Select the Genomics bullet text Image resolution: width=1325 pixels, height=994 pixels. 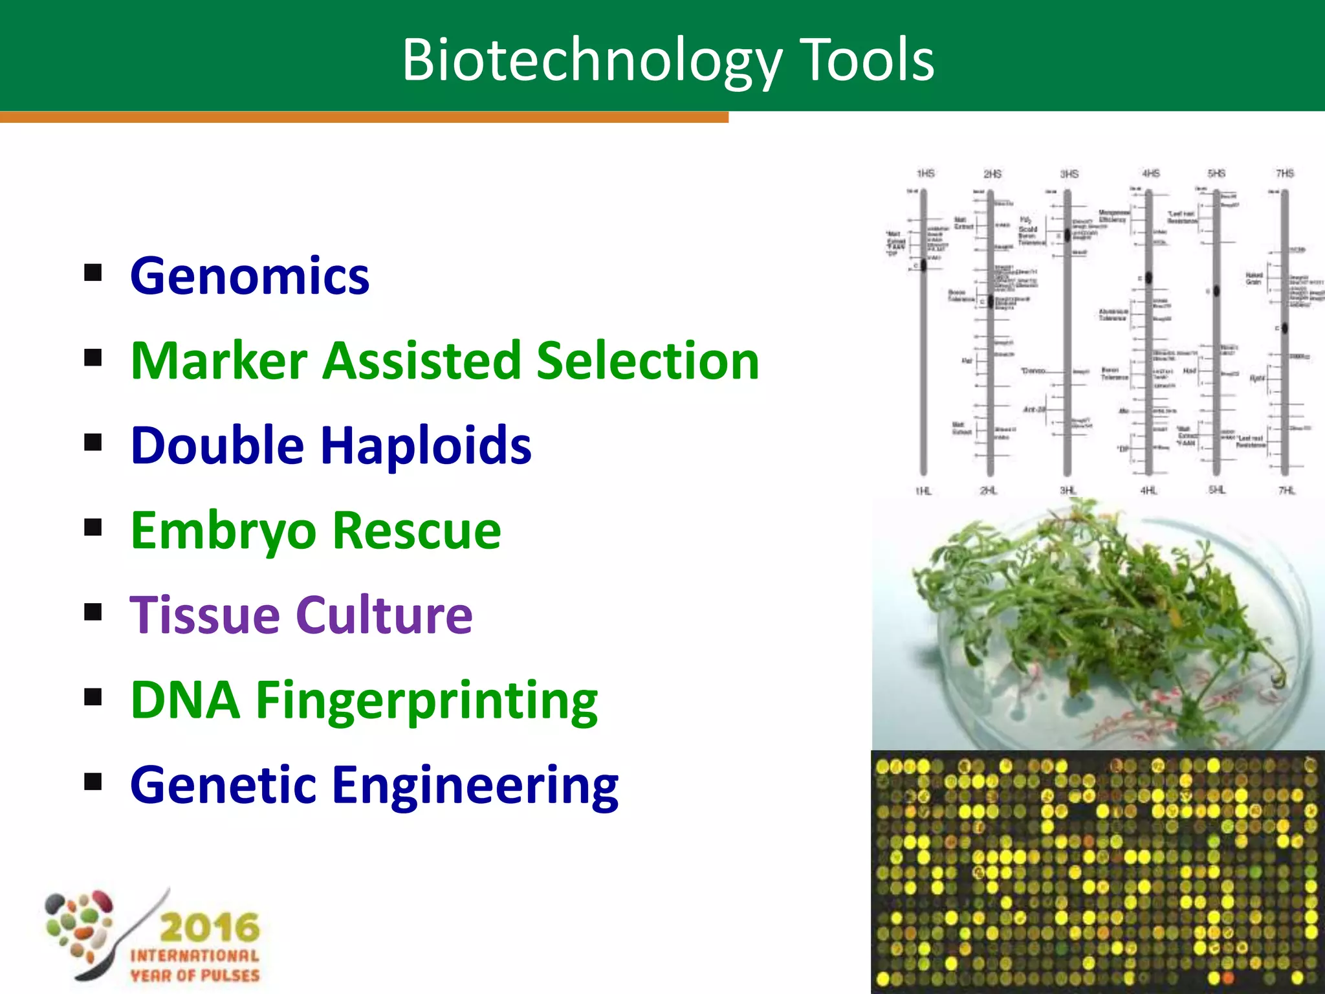[x=250, y=276]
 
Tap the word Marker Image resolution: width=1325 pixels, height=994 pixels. [x=219, y=360]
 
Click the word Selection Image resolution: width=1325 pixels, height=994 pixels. [x=648, y=360]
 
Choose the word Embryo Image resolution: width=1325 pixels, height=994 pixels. [x=223, y=531]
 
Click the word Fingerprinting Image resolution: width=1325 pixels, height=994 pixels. [x=427, y=701]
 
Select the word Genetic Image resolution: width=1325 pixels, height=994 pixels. [x=221, y=785]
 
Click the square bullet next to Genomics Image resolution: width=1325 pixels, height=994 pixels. [x=93, y=273]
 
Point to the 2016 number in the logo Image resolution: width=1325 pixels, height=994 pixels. [x=209, y=927]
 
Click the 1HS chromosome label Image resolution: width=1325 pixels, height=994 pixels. [x=926, y=173]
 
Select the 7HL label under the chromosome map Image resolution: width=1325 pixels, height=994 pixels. [x=1286, y=491]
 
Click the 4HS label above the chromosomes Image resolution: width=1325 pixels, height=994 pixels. [x=1150, y=173]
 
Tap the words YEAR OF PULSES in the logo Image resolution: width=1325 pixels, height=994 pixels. [x=195, y=975]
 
